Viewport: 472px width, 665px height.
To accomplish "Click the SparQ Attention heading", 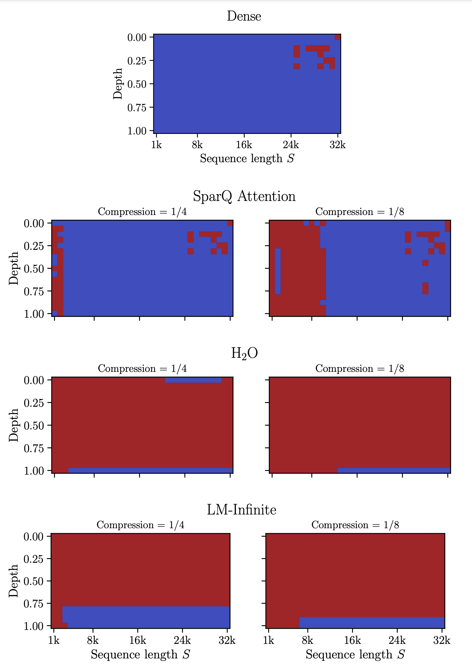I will coord(244,196).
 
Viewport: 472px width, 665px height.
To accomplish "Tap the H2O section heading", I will coord(244,353).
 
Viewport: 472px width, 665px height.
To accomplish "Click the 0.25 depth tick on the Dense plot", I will coord(137,61).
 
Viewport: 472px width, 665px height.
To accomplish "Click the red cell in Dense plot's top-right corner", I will coord(337,37).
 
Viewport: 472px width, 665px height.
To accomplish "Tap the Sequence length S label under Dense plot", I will coord(247,158).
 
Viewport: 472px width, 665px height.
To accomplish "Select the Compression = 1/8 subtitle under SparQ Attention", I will coord(359,212).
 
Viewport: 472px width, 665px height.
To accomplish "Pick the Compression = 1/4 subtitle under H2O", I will coord(142,368).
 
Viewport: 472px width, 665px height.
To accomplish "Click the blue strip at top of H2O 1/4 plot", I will coord(193,380).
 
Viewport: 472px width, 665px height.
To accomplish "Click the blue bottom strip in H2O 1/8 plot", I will coord(394,470).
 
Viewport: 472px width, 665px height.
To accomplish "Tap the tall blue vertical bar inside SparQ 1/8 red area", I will coord(277,271).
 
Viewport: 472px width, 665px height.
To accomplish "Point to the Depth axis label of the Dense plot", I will coord(118,84).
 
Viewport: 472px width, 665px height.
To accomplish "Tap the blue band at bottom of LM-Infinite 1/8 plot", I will coord(372,622).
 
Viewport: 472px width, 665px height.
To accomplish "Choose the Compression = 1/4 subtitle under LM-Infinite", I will coord(140,525).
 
